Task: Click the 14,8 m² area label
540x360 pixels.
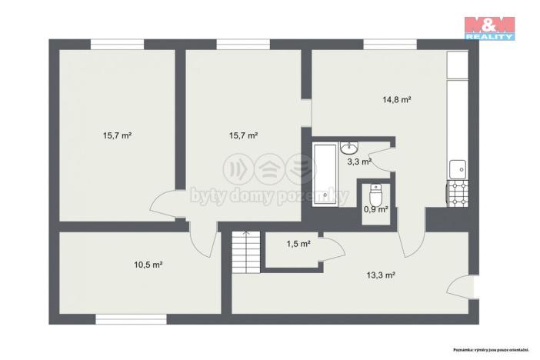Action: coord(398,99)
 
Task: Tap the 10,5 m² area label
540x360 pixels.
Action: coord(148,265)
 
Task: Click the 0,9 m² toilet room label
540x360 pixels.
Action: coord(375,208)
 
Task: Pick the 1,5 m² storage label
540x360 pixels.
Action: coord(298,244)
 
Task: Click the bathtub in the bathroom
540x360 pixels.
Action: coord(328,173)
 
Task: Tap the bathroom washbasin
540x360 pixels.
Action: coord(350,147)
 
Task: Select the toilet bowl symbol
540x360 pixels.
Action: coord(375,190)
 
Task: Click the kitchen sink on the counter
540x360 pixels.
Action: coord(457,167)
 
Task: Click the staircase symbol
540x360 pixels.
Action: coord(245,251)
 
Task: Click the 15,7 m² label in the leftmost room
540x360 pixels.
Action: coord(117,135)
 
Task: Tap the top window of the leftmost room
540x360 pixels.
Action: coord(117,44)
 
